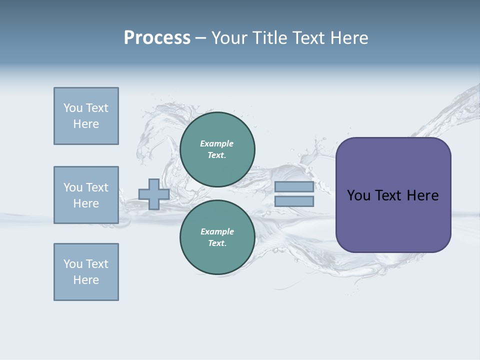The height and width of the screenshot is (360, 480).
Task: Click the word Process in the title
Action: click(x=157, y=38)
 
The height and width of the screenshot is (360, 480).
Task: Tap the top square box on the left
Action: click(x=86, y=116)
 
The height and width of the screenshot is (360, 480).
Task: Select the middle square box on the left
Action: click(x=86, y=195)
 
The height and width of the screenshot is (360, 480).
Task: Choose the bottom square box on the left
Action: click(x=86, y=272)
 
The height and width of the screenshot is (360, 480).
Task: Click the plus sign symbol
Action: click(x=154, y=194)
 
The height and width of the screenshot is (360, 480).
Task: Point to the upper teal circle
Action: click(x=217, y=149)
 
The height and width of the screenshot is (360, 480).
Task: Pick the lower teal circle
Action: click(x=217, y=237)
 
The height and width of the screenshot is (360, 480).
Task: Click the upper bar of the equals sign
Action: click(x=294, y=187)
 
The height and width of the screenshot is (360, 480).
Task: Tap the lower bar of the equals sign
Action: click(x=294, y=201)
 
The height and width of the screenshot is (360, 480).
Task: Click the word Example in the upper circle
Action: click(x=216, y=143)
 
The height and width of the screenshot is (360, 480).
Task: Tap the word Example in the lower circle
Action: click(x=217, y=231)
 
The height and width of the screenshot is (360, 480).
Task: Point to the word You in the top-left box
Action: click(x=72, y=108)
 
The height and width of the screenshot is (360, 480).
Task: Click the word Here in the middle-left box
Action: click(x=86, y=203)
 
